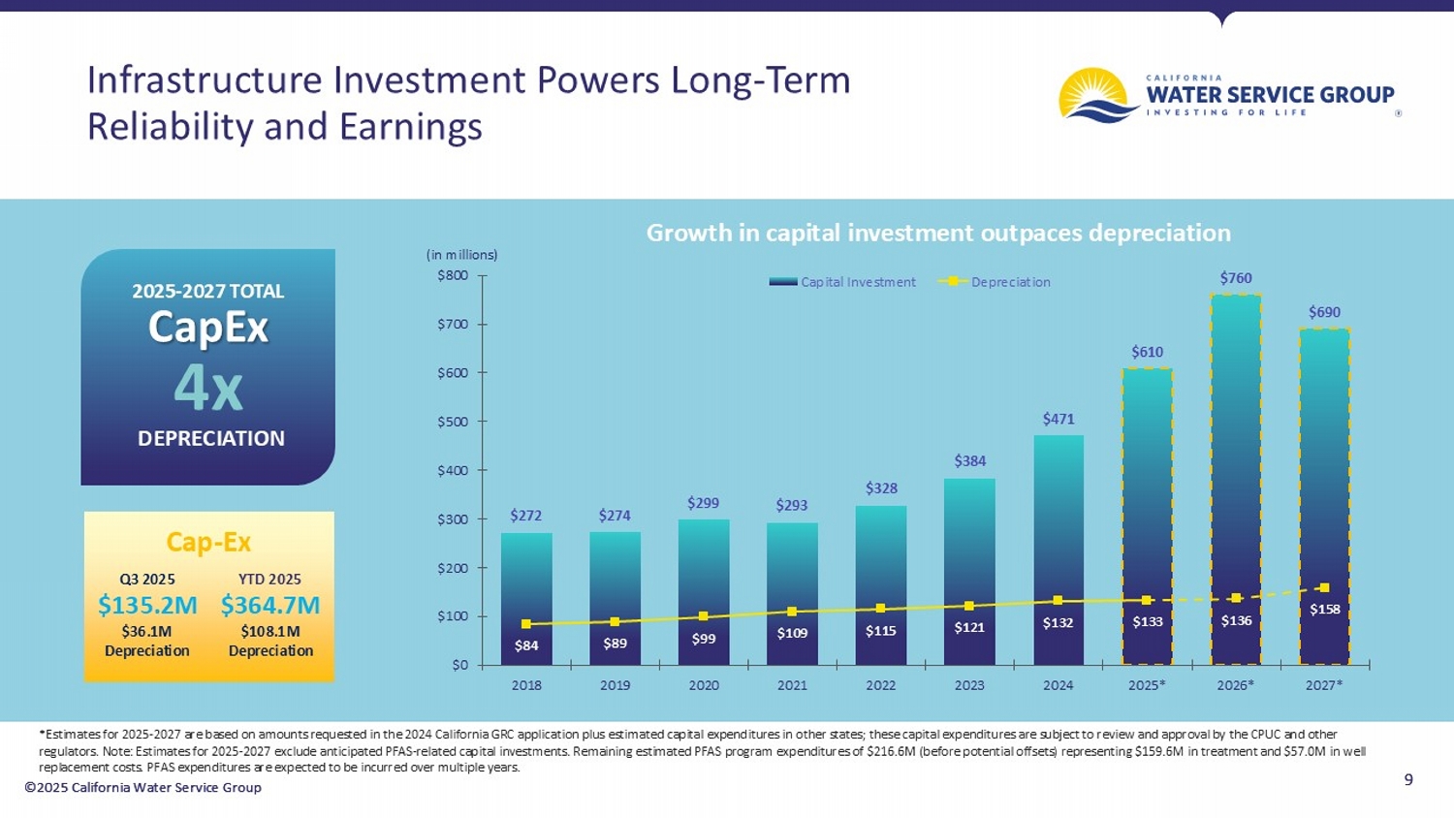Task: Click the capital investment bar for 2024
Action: coord(1058,523)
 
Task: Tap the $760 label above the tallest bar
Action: coord(1236,278)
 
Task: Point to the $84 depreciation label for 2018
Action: coord(526,645)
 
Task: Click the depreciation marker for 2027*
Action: coord(1325,587)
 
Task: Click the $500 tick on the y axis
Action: coord(452,422)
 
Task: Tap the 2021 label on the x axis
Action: coord(792,685)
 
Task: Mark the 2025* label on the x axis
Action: coord(1147,685)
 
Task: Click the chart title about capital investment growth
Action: coord(938,233)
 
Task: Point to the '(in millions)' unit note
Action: coord(462,255)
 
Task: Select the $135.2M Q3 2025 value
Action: coord(147,605)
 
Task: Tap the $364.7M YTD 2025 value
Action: coord(269,605)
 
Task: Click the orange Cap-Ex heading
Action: coord(208,542)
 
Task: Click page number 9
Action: coord(1408,779)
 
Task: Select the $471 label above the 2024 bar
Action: coord(1058,419)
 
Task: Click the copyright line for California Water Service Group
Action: coord(143,787)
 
